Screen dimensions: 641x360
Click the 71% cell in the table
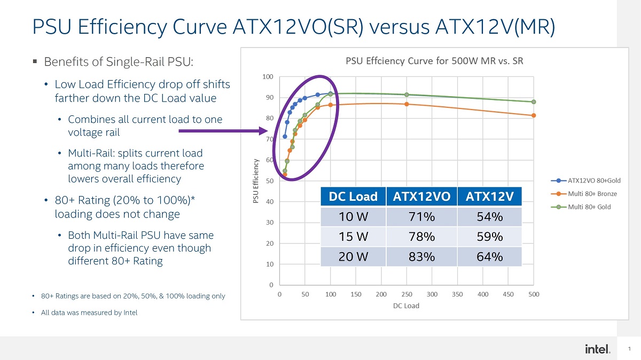[421, 217]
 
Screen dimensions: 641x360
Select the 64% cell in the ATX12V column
[490, 257]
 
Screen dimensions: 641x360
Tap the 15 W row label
[353, 237]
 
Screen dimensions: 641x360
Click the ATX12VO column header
[421, 197]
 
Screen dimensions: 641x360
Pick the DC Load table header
[353, 197]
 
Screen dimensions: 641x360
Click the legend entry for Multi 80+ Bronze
[584, 194]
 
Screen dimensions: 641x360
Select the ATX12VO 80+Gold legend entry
[585, 181]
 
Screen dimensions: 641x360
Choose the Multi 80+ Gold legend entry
[581, 207]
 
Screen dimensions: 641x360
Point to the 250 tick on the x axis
[407, 294]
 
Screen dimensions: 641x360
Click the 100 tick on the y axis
[268, 77]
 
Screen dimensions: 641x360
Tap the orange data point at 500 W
[534, 115]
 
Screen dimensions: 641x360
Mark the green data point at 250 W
[407, 95]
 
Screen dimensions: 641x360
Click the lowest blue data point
[285, 137]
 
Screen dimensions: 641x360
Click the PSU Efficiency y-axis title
[256, 181]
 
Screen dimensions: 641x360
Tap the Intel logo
[598, 349]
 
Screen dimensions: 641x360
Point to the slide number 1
[629, 349]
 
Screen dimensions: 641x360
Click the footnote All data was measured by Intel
[89, 312]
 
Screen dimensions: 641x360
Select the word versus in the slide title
[399, 27]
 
